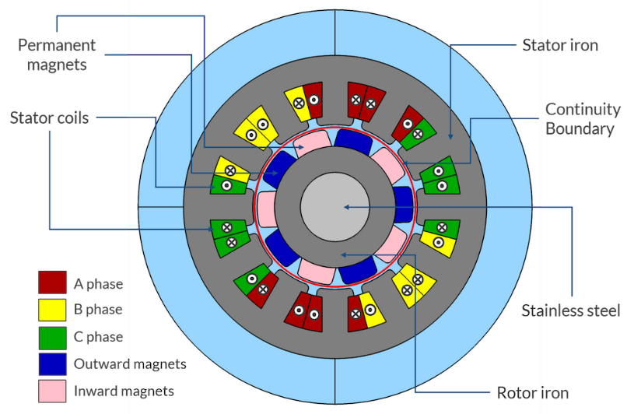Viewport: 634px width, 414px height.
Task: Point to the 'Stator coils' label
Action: pos(49,118)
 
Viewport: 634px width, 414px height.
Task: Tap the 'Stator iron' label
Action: pos(560,45)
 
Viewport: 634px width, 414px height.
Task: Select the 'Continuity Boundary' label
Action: pos(583,118)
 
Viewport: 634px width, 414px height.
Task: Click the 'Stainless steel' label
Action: pos(571,311)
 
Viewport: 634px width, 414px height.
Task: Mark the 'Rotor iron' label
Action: pos(533,392)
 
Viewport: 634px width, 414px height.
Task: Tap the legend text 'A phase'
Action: pos(98,284)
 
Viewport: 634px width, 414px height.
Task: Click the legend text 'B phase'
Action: pos(98,310)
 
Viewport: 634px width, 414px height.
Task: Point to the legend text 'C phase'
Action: pos(98,337)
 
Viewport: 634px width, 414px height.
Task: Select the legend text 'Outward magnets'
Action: pos(130,363)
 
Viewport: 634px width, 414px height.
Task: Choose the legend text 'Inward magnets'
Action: pos(124,391)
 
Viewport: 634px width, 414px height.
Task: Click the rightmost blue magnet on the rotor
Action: pos(403,205)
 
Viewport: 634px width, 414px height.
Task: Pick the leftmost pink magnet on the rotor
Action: pos(265,209)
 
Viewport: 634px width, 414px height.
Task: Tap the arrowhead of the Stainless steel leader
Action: pos(347,207)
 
